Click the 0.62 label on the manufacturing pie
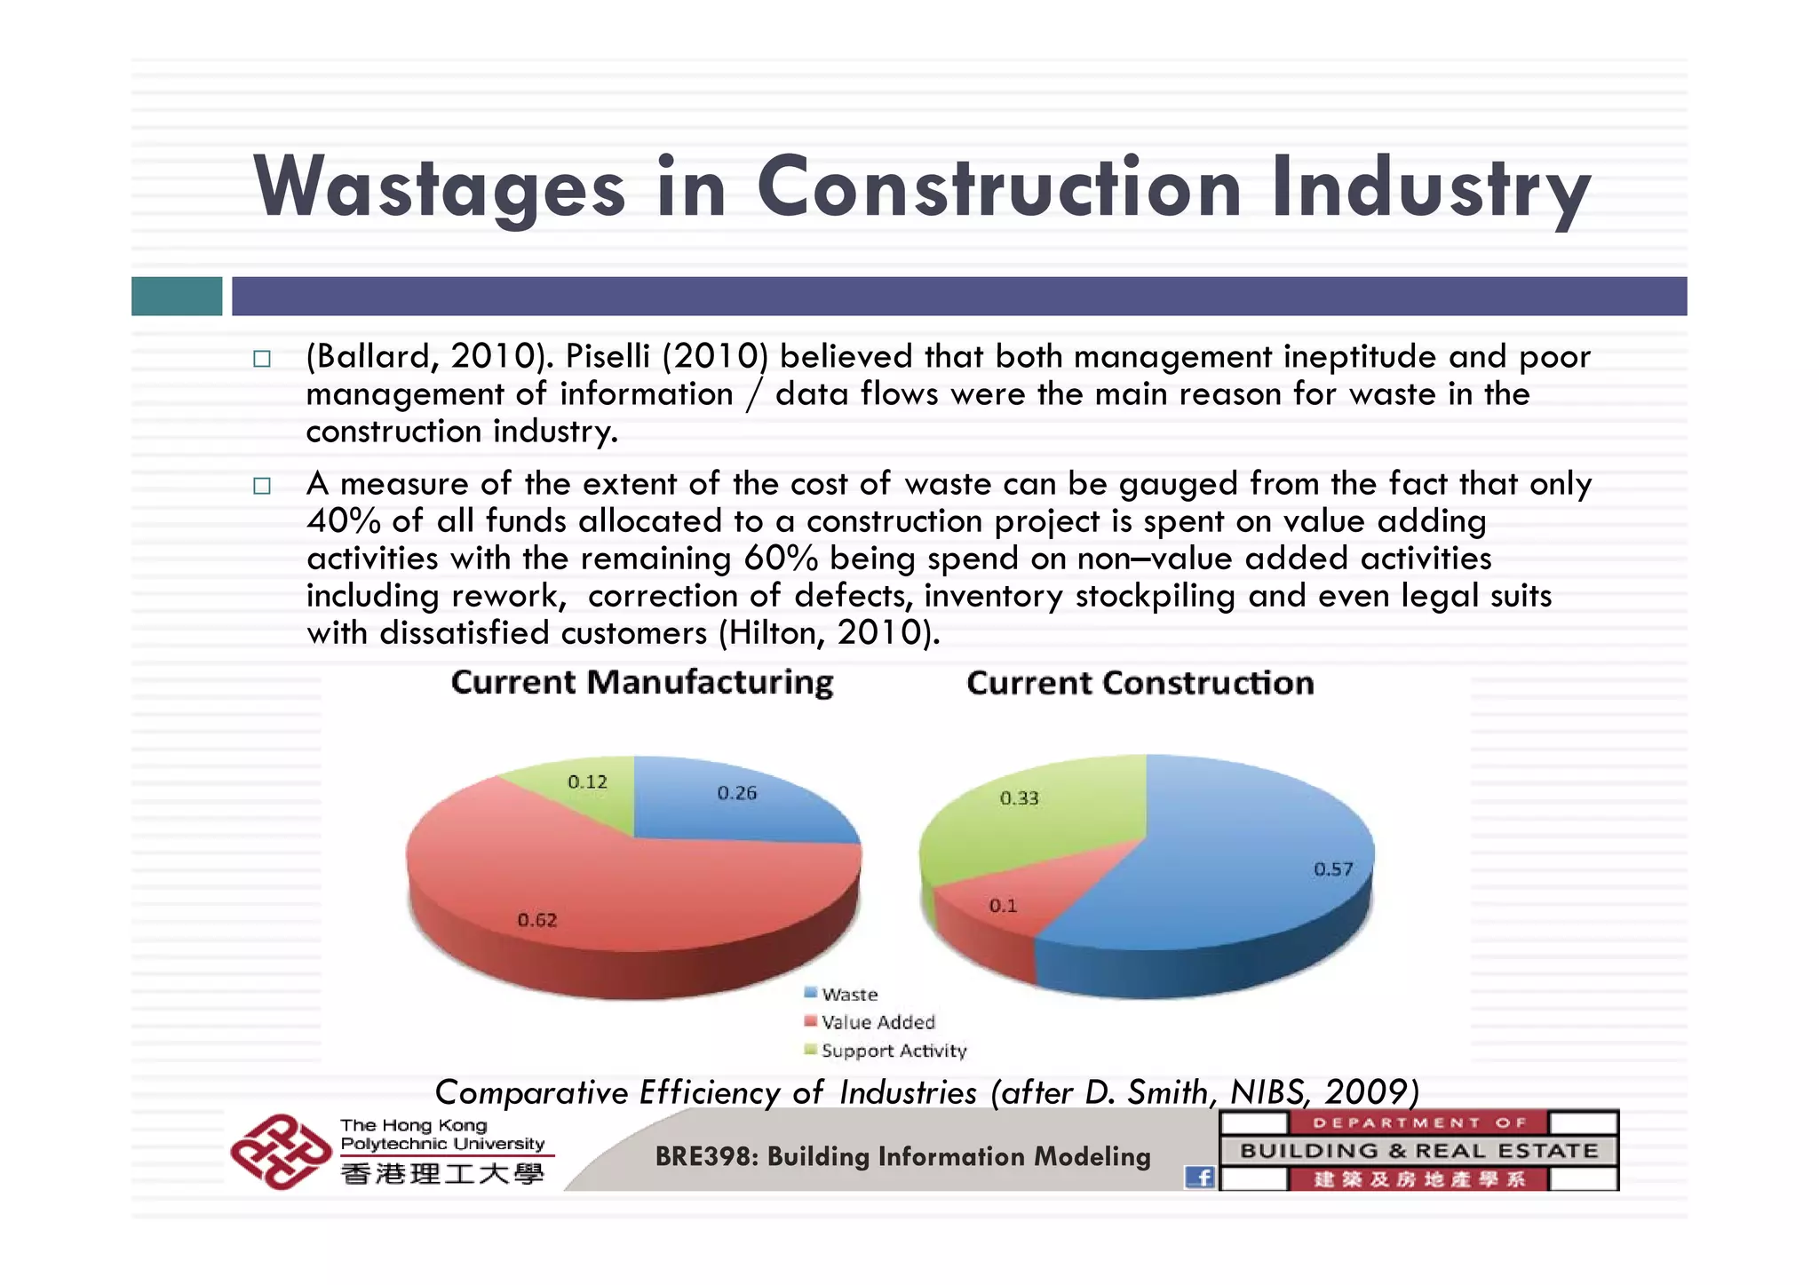click(537, 920)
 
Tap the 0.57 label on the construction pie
click(1333, 869)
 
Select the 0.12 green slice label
click(587, 782)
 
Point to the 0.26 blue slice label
click(737, 793)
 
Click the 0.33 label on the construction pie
click(1019, 798)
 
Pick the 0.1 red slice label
click(1003, 906)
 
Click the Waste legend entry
click(849, 995)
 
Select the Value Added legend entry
click(878, 1022)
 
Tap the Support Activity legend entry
click(893, 1051)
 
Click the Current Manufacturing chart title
click(642, 683)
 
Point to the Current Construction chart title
click(1140, 683)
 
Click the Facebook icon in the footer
click(1200, 1178)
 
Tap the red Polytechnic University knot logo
click(280, 1152)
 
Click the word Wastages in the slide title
click(440, 188)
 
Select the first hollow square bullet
click(261, 359)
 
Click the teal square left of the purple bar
click(177, 296)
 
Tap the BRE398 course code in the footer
click(705, 1156)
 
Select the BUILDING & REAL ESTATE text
click(1418, 1151)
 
